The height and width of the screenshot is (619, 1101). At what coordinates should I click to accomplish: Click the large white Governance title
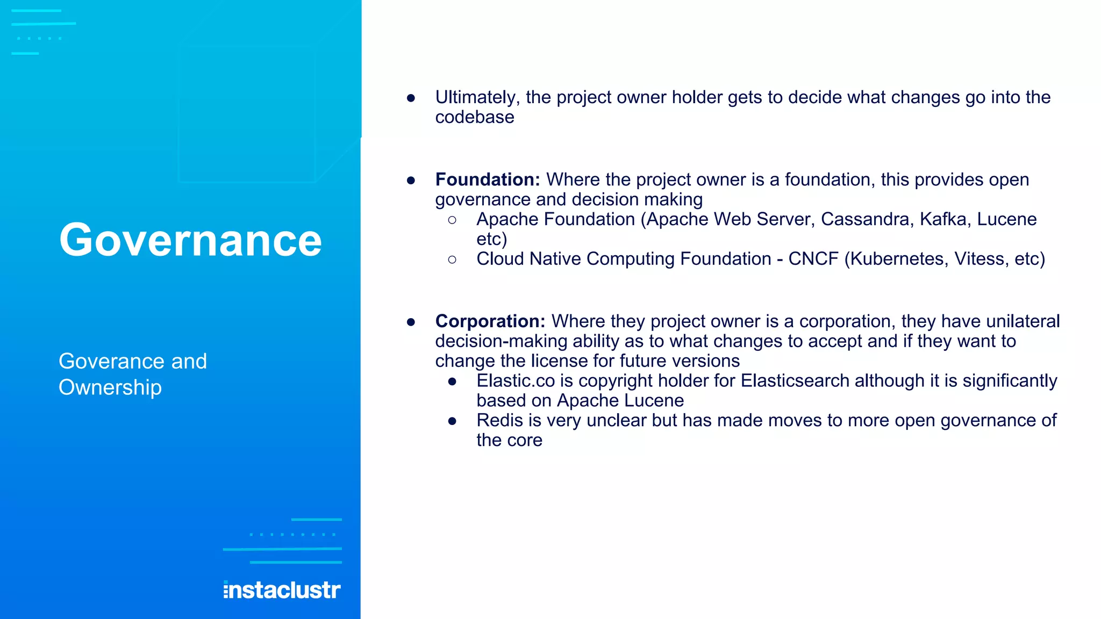point(190,240)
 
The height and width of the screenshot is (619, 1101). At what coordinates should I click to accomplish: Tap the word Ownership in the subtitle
point(110,387)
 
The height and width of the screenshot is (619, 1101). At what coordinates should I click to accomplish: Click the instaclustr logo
point(282,590)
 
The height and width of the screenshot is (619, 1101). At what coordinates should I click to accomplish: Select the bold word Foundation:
point(487,179)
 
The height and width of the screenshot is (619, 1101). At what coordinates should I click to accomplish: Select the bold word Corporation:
point(490,321)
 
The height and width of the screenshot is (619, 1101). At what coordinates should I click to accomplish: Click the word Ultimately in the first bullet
point(477,97)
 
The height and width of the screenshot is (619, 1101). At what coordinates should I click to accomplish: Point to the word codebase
point(474,117)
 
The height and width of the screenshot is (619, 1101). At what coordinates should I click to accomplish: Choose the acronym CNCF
point(813,259)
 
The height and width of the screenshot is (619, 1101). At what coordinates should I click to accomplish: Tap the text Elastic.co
point(515,381)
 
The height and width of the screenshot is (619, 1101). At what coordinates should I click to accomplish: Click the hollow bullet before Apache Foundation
point(452,220)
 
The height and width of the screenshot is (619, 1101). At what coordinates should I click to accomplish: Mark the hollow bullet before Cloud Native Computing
point(452,260)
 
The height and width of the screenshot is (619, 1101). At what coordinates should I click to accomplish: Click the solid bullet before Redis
point(452,421)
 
